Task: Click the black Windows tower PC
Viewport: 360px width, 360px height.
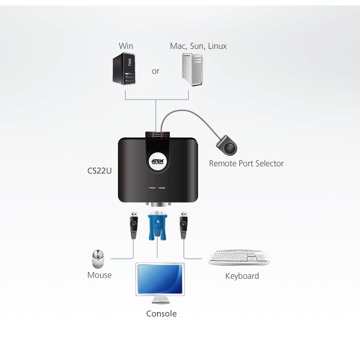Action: pos(124,68)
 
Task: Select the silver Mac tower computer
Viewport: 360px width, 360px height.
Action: pos(193,70)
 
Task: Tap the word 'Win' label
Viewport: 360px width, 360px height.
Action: pos(126,46)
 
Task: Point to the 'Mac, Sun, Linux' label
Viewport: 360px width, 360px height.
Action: pos(199,46)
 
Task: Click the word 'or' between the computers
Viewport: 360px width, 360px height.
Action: pos(155,71)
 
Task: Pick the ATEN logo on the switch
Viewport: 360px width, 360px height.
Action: pos(157,161)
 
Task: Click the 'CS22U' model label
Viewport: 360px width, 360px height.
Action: pos(100,171)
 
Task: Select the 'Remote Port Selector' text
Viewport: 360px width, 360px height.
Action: pos(246,164)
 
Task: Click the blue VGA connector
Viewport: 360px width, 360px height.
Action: pos(157,226)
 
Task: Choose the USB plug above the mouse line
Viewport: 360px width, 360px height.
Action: pos(134,225)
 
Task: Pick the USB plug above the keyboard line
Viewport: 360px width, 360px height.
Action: pos(183,225)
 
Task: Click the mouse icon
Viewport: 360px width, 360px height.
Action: pos(98,259)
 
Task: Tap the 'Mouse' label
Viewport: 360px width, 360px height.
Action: pos(100,275)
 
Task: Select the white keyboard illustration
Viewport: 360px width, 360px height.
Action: pos(239,257)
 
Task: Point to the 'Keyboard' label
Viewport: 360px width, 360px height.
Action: pos(242,276)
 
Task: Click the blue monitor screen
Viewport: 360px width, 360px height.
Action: pos(160,279)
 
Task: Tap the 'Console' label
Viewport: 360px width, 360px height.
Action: pos(161,314)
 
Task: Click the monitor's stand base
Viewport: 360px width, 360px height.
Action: pos(160,302)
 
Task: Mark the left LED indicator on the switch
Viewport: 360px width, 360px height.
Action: pos(152,188)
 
